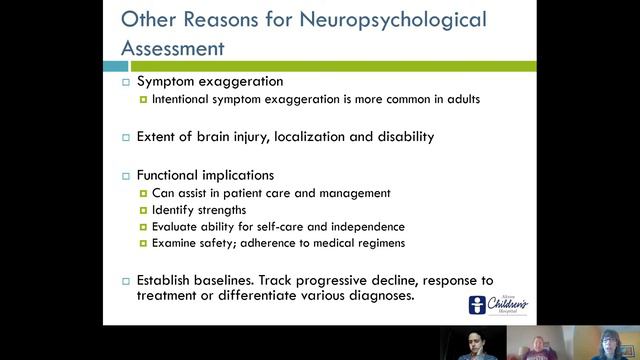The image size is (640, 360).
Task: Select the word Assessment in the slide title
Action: (173, 47)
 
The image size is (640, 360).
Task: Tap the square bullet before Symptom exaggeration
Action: (126, 82)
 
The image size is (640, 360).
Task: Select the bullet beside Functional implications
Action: (126, 175)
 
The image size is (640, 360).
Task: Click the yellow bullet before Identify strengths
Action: (143, 211)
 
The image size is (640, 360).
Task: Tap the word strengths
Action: (219, 211)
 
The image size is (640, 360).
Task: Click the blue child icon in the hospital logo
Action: (479, 305)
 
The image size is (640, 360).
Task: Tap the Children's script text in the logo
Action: (508, 302)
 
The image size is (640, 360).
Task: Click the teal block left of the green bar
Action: (115, 66)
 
